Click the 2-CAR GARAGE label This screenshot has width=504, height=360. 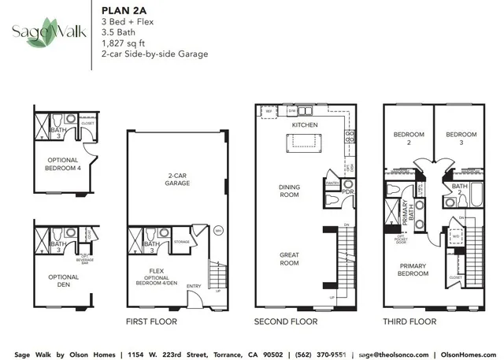176,179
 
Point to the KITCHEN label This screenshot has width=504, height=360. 304,125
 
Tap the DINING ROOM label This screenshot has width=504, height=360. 289,191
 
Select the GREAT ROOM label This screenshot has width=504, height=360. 289,259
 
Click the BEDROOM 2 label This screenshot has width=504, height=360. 408,139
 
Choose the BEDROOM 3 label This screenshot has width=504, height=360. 461,139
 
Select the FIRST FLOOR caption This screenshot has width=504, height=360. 151,321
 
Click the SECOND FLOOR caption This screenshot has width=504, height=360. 285,321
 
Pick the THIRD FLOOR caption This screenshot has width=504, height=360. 409,321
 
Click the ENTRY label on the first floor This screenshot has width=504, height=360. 194,286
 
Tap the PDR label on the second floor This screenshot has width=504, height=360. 347,191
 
